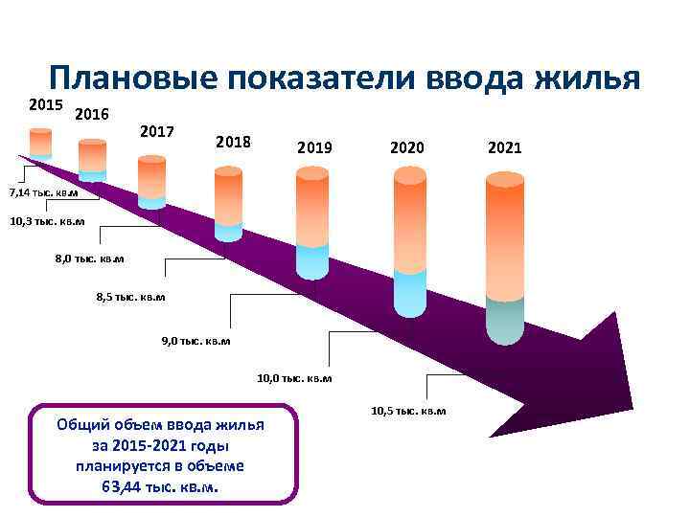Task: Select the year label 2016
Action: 91,115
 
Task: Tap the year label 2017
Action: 156,130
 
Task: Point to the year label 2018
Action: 233,142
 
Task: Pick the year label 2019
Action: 314,148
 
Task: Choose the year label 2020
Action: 408,148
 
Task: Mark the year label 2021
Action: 504,148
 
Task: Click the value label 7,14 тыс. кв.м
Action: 42,193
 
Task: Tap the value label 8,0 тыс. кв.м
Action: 89,258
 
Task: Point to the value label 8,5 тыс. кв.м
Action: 130,297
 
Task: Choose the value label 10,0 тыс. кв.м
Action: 294,378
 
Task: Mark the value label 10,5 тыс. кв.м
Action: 407,411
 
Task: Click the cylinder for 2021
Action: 504,258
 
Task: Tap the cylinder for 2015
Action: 40,144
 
